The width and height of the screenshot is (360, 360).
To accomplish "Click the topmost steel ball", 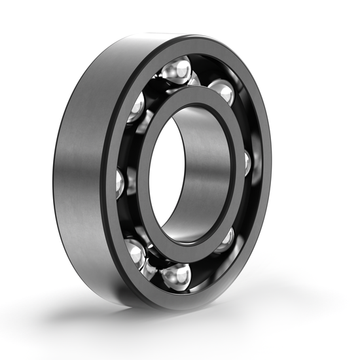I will [x=175, y=70].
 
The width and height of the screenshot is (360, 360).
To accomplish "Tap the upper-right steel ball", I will [x=223, y=92].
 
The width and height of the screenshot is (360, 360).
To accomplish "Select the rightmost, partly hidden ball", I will [x=248, y=162].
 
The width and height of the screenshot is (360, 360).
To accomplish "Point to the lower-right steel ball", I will [x=225, y=240].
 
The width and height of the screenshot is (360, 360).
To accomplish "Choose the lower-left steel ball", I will [x=135, y=253].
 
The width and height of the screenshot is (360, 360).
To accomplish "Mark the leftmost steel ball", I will [x=120, y=184].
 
